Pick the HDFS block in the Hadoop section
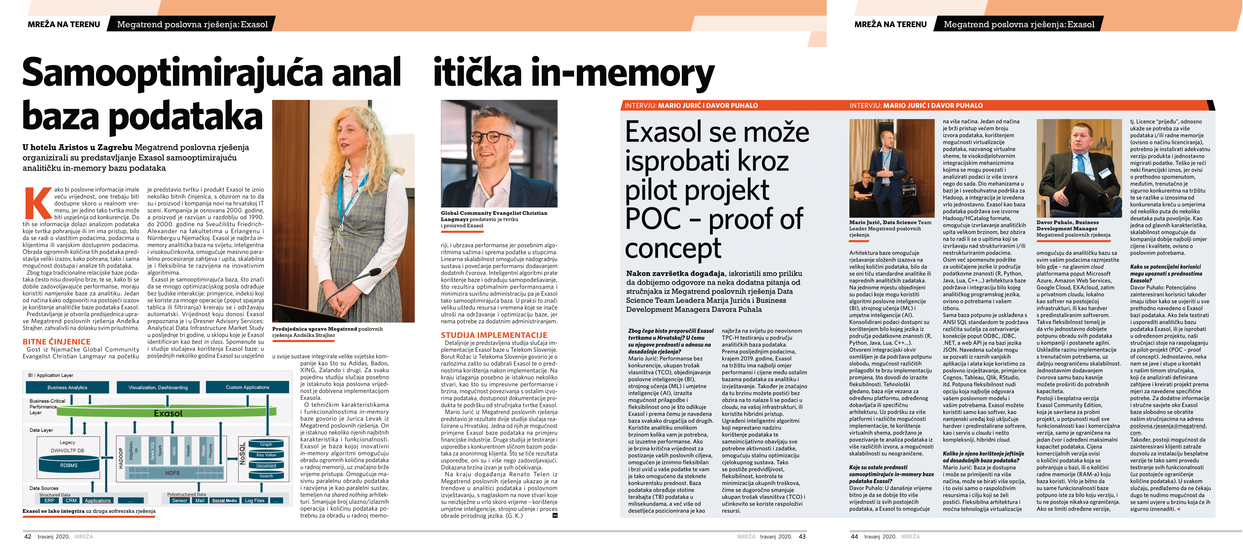pos(172,473)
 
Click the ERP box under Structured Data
pos(49,500)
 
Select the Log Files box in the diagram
pos(254,500)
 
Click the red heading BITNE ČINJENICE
pos(56,342)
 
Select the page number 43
pos(802,537)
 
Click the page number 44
pos(854,537)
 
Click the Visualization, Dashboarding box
pos(158,387)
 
